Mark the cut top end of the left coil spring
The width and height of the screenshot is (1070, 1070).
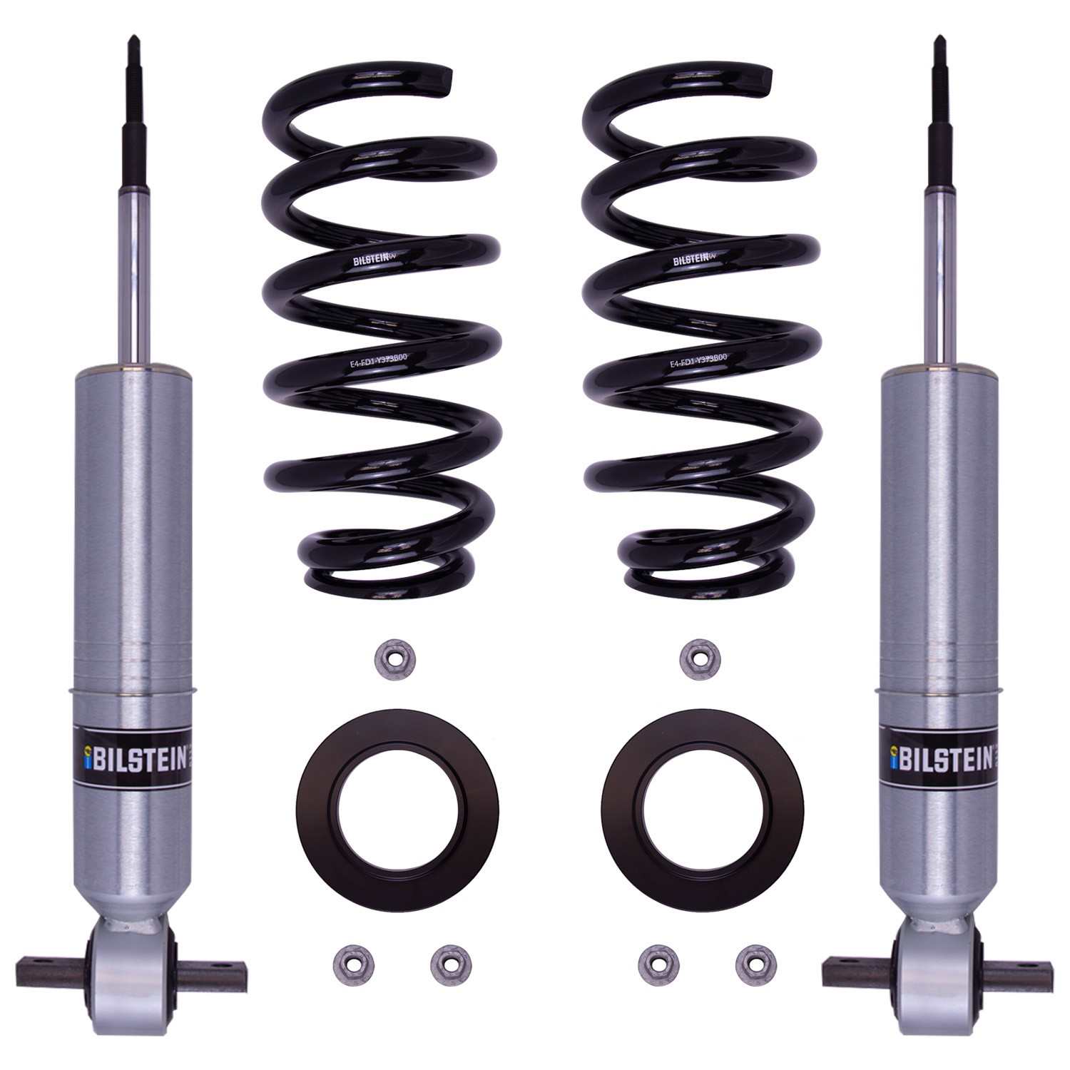coord(448,74)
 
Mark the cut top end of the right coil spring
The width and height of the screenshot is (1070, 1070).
coord(768,74)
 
